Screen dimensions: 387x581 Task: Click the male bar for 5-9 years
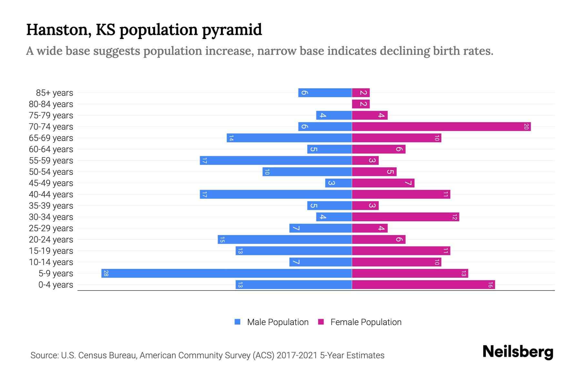coord(227,273)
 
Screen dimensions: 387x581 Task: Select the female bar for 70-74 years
coord(441,127)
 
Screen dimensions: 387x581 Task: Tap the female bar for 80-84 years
coord(361,104)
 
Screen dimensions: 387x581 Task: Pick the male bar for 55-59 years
coord(276,161)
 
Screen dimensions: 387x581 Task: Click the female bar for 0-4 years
coord(423,285)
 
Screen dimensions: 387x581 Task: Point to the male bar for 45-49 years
coord(338,183)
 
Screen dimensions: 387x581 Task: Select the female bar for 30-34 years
coord(405,217)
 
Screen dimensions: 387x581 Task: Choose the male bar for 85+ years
coord(325,93)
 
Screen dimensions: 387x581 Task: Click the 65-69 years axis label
coord(51,138)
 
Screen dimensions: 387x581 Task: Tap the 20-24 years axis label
coord(51,240)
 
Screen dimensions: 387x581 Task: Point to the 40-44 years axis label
coord(51,194)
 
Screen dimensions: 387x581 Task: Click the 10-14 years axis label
coord(51,262)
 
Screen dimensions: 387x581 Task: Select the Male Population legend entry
coord(271,322)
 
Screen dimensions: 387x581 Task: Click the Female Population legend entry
coord(360,322)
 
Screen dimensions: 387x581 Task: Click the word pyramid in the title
coord(232,30)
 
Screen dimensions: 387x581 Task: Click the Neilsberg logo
coord(518,352)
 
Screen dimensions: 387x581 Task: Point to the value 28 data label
coord(106,273)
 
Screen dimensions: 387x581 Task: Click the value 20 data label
coord(526,127)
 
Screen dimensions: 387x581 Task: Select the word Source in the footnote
coord(44,355)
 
